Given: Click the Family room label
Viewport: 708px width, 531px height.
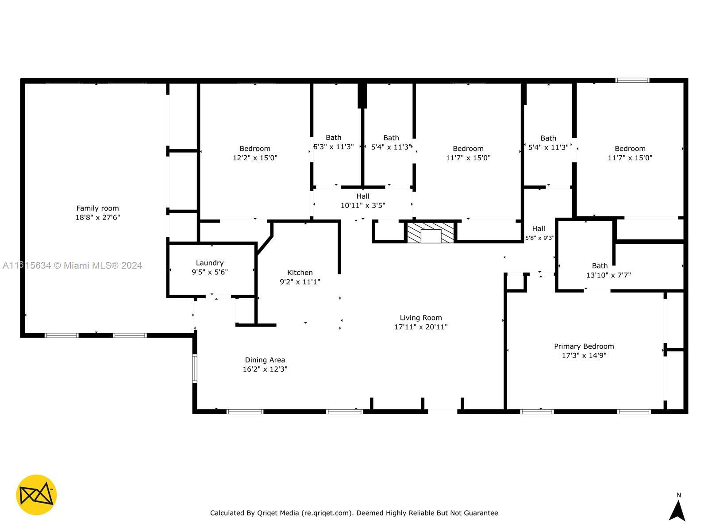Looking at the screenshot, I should click(97, 208).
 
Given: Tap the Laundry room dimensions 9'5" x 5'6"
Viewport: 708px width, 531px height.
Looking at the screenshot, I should click(209, 272).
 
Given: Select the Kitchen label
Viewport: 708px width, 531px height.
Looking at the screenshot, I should click(300, 273).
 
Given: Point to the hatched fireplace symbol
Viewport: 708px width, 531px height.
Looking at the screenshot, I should click(431, 233).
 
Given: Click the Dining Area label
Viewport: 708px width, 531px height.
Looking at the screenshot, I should click(265, 360).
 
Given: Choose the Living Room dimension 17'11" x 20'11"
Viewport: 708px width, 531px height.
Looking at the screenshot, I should click(421, 327).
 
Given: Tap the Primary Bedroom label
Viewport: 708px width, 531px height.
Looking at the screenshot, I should click(584, 346).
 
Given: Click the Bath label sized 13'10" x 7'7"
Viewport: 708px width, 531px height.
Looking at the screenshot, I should click(600, 265).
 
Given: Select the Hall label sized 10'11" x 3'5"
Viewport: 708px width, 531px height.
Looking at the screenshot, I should click(363, 196).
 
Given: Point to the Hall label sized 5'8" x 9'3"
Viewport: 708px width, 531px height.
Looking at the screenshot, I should click(539, 228).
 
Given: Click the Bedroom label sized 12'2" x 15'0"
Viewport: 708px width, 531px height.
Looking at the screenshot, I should click(255, 148).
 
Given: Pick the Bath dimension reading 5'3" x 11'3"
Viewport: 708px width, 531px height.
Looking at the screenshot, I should click(334, 147).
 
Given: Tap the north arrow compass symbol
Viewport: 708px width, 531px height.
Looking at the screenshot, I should click(677, 511).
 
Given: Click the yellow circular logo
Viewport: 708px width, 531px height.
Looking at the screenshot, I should click(36, 495).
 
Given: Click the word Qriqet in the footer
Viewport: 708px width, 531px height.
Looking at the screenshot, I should click(288, 513).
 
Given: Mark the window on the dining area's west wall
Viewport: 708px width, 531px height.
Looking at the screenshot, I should click(194, 368).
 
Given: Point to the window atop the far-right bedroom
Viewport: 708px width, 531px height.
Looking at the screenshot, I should click(632, 81).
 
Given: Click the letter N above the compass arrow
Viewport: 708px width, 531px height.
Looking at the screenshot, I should click(679, 495).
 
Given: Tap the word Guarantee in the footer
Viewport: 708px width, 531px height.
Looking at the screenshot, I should click(481, 513).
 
